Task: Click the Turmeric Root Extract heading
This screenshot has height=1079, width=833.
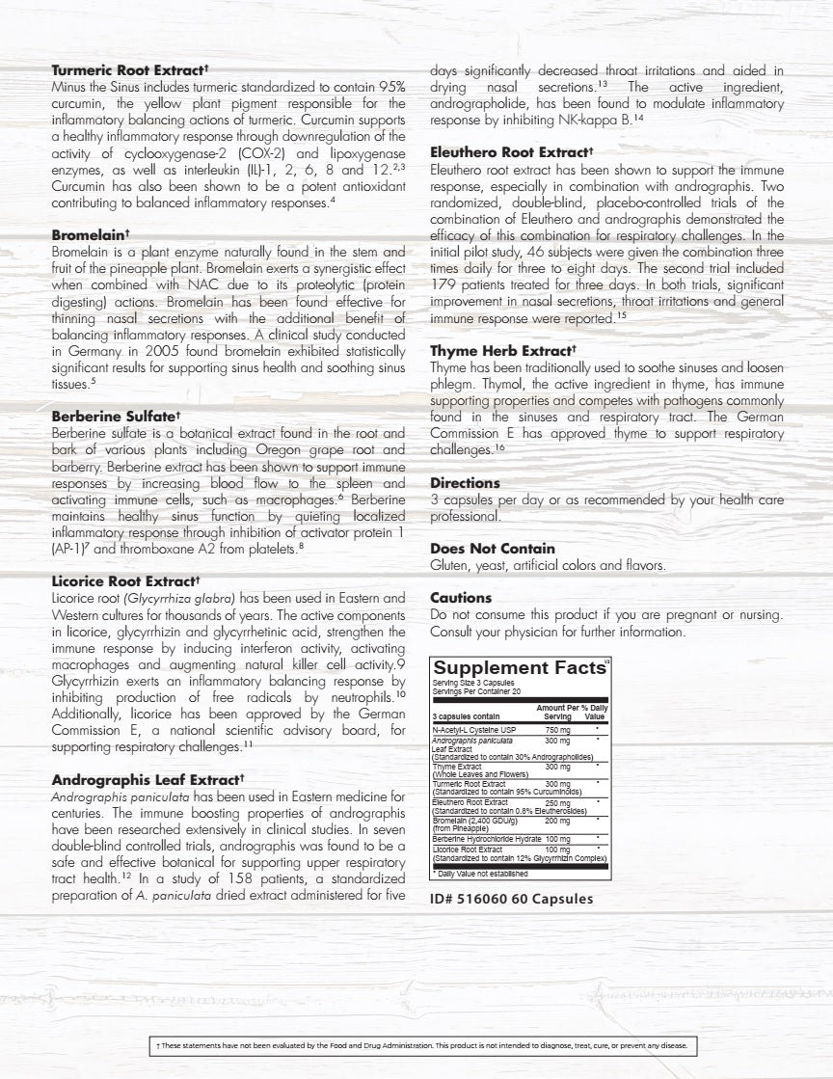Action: (x=129, y=70)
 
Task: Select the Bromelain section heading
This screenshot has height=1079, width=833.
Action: (x=91, y=234)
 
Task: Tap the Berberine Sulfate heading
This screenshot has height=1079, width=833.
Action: (x=115, y=417)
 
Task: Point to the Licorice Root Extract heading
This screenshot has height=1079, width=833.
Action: (x=124, y=581)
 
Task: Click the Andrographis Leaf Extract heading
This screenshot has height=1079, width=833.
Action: (x=146, y=779)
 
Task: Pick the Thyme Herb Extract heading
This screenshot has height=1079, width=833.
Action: (x=502, y=351)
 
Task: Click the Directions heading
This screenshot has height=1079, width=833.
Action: (x=465, y=482)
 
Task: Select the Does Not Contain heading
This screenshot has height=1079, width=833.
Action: (x=493, y=549)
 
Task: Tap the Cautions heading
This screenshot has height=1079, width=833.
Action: (x=461, y=598)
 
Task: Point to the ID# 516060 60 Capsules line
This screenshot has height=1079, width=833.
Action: (x=511, y=899)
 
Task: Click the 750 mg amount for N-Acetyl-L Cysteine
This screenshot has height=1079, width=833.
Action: (x=557, y=730)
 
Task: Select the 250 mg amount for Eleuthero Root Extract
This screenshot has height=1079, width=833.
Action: (x=557, y=802)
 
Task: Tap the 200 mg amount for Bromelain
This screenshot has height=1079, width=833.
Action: (x=557, y=821)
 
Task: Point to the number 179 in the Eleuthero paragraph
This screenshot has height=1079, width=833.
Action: (x=444, y=284)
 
